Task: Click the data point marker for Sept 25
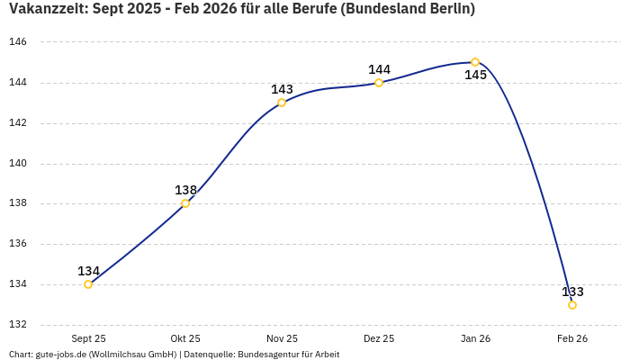(x=88, y=284)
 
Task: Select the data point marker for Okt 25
(x=185, y=203)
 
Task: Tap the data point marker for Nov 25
(x=282, y=103)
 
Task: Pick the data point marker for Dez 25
(x=379, y=83)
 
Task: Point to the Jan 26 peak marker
(x=475, y=62)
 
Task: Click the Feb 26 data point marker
(x=572, y=305)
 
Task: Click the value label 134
(x=88, y=271)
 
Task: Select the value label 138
(x=185, y=190)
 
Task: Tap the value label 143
(x=282, y=89)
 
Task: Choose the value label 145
(x=475, y=76)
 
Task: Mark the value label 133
(x=572, y=292)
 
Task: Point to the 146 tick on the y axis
(x=18, y=42)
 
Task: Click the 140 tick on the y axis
(x=18, y=164)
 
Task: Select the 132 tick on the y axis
(x=18, y=325)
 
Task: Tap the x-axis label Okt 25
(x=185, y=338)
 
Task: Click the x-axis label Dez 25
(x=379, y=338)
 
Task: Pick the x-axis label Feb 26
(x=572, y=338)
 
